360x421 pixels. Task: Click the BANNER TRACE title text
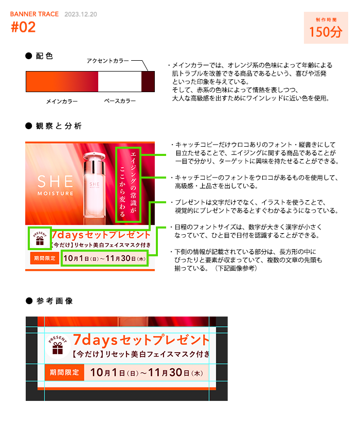(34, 14)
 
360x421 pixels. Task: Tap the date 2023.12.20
(81, 14)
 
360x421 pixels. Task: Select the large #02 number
(23, 27)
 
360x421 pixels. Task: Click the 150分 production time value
(326, 32)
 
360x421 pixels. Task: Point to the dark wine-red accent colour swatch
(148, 82)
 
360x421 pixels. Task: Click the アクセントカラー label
(107, 61)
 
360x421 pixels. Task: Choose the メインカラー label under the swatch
(62, 101)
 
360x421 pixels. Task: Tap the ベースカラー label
(120, 101)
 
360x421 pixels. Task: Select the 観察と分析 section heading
(59, 126)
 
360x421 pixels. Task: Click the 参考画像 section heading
(55, 301)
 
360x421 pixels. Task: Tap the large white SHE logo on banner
(55, 182)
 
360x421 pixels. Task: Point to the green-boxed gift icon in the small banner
(40, 238)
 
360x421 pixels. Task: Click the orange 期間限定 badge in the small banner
(45, 258)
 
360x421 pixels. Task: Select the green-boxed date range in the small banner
(104, 258)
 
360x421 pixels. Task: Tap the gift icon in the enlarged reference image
(58, 345)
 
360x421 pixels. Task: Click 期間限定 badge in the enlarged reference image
(64, 373)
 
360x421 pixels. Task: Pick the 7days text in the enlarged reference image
(95, 340)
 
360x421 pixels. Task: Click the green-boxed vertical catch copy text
(128, 185)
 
